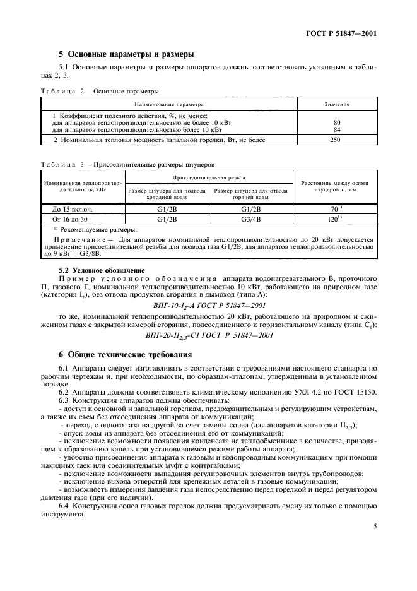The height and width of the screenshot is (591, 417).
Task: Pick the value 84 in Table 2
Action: (336, 129)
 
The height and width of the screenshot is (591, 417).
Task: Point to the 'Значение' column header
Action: (337, 104)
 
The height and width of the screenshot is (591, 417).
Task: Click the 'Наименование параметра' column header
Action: (168, 104)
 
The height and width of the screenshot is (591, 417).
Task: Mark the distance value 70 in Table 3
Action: (335, 209)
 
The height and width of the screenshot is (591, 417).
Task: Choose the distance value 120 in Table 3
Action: (335, 218)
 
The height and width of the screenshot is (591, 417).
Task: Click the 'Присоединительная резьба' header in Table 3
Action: (209, 178)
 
